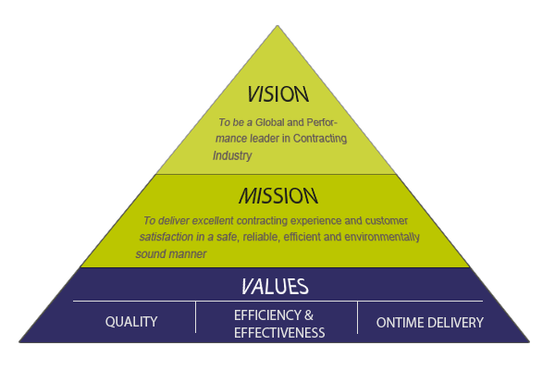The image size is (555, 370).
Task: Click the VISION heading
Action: (277, 95)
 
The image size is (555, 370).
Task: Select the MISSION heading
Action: (277, 196)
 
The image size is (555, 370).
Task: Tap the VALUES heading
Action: (277, 286)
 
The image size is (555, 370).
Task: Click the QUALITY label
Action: (131, 322)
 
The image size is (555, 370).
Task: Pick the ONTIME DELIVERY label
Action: (429, 322)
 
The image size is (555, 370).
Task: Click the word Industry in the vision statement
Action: (232, 155)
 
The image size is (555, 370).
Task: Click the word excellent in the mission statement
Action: (216, 221)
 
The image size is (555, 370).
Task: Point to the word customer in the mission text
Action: (385, 221)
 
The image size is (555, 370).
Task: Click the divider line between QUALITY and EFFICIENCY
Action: (196, 316)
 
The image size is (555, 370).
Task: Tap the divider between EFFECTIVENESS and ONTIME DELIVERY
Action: (358, 316)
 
